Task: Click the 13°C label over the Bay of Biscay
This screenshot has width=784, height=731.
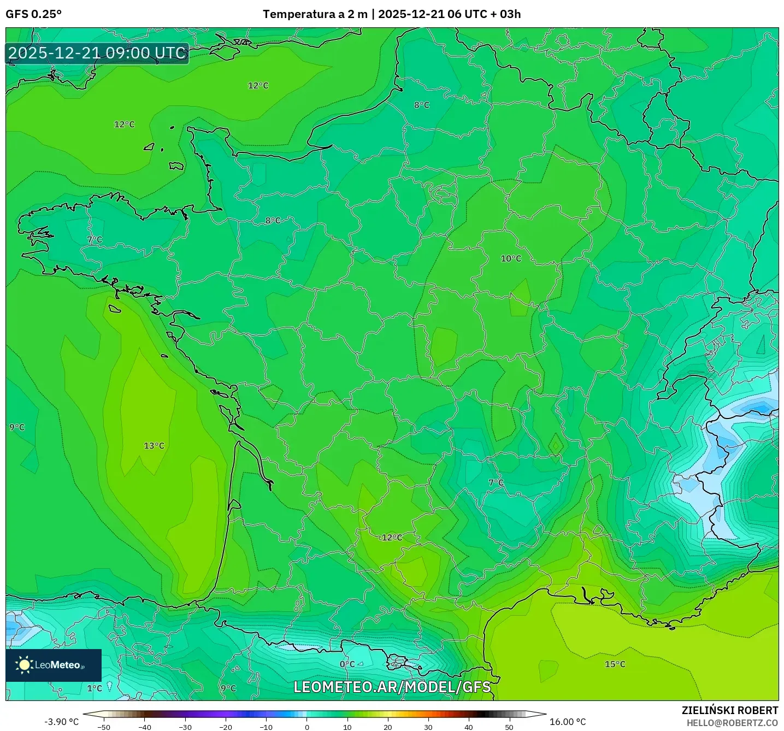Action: tap(154, 446)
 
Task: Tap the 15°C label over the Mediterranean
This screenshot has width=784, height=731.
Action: tap(615, 664)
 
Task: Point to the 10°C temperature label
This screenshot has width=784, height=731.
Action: tap(511, 258)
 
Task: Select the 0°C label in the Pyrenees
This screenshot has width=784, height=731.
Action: tap(347, 664)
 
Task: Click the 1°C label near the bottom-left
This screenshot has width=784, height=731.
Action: tap(95, 688)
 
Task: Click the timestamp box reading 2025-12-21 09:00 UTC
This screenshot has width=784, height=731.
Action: tap(97, 53)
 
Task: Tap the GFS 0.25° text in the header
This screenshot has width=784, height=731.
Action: tap(33, 14)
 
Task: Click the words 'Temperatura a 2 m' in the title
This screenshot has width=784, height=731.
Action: tap(315, 14)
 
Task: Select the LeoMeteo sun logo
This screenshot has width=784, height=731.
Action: tap(24, 665)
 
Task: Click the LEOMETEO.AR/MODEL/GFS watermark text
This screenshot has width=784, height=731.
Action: tap(392, 687)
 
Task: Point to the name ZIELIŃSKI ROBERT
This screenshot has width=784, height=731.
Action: tap(729, 710)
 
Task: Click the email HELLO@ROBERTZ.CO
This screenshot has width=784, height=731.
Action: tap(732, 723)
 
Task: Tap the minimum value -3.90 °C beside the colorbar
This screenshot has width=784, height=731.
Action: tap(61, 722)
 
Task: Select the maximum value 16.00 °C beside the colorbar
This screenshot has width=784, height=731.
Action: tap(568, 722)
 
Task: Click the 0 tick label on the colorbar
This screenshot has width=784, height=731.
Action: tap(307, 727)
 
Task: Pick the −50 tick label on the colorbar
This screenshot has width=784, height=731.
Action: tap(103, 727)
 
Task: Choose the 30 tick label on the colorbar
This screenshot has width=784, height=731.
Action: tap(428, 727)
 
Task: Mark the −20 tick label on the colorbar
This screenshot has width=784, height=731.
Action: tap(225, 727)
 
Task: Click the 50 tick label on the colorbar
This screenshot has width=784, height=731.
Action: tap(509, 727)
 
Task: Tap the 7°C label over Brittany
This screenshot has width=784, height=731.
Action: tap(95, 240)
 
